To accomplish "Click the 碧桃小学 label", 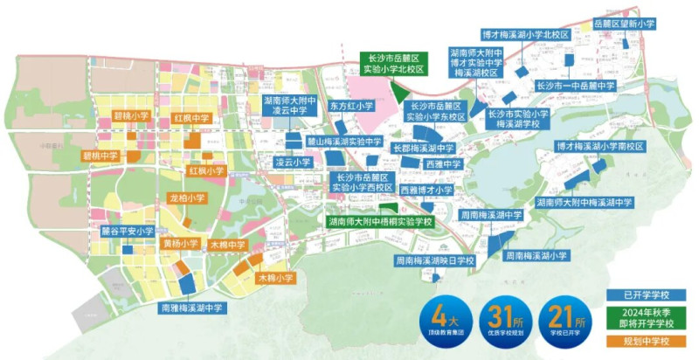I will tap(132, 115).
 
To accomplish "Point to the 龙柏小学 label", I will tap(186, 198).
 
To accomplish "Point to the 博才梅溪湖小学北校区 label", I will tap(525, 35).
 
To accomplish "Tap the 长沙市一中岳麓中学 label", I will tap(576, 86).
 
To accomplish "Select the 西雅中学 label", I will tap(443, 164).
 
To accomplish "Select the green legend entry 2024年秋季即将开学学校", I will tap(645, 318).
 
